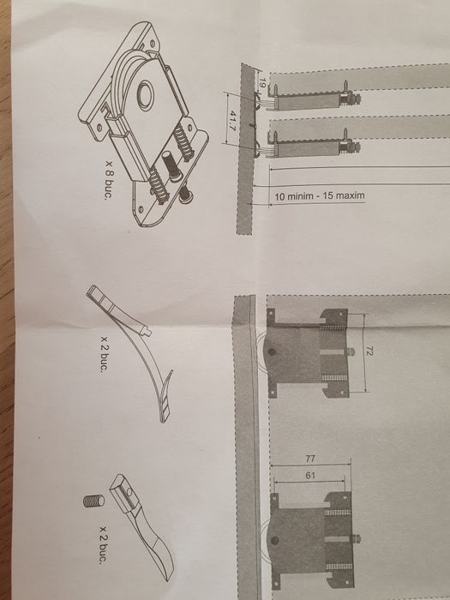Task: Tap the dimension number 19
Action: pyautogui.click(x=262, y=82)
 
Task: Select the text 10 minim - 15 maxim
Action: pyautogui.click(x=320, y=196)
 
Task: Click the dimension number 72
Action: pyautogui.click(x=369, y=351)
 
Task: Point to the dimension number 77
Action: pyautogui.click(x=310, y=458)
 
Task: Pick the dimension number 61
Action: pyautogui.click(x=310, y=476)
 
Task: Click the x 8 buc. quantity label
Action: pyautogui.click(x=109, y=179)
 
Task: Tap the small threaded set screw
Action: pyautogui.click(x=93, y=501)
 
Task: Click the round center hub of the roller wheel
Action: pyautogui.click(x=146, y=96)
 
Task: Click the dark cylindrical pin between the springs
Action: pyautogui.click(x=171, y=165)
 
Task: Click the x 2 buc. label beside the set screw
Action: pyautogui.click(x=104, y=544)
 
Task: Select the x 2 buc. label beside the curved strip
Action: pyautogui.click(x=104, y=354)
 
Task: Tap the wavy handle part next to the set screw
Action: pyautogui.click(x=141, y=527)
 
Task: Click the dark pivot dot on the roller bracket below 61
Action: pyautogui.click(x=274, y=540)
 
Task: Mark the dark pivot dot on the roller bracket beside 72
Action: pyautogui.click(x=272, y=351)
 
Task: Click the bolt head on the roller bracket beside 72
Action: pyautogui.click(x=351, y=351)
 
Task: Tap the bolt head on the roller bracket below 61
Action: pyautogui.click(x=357, y=539)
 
